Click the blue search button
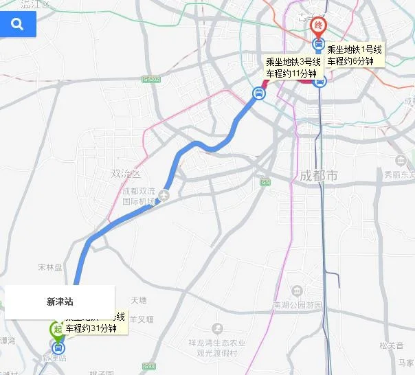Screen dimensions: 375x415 (18, 24)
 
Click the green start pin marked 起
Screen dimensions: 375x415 (57, 329)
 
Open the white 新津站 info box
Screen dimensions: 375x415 (60, 302)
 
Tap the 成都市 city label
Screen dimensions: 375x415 (319, 176)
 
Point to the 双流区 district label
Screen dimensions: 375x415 (125, 174)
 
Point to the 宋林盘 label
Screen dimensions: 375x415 (50, 266)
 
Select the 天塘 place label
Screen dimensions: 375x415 (139, 300)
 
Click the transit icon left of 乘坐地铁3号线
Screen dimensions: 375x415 (258, 93)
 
